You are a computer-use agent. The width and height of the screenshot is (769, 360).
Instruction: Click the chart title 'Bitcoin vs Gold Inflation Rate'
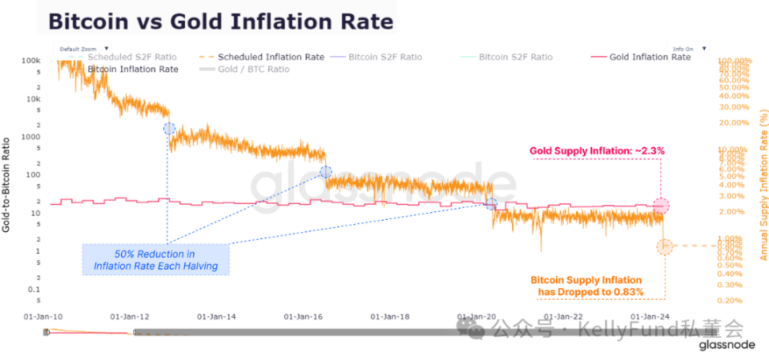pos(221,21)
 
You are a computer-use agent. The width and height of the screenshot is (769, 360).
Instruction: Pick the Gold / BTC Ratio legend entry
pos(244,69)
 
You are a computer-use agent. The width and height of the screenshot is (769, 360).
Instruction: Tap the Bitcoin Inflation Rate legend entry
pos(131,69)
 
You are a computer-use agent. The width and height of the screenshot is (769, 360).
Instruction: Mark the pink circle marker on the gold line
pos(661,206)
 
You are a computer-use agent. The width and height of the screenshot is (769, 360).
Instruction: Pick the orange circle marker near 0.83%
pos(664,247)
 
